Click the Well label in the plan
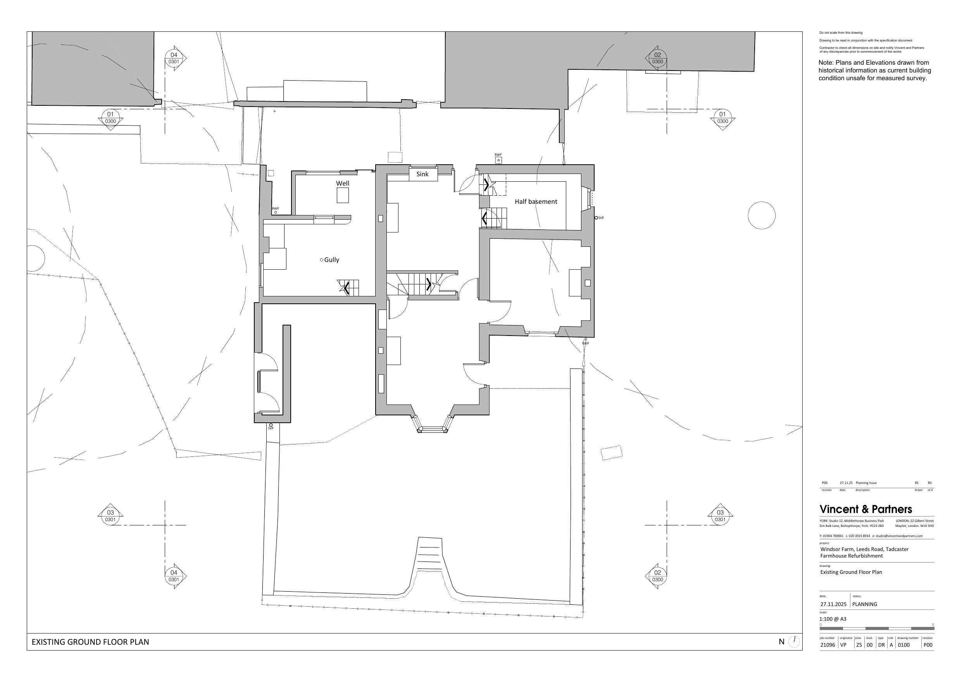pyautogui.click(x=342, y=183)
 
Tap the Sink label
pyautogui.click(x=422, y=174)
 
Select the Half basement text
pyautogui.click(x=536, y=201)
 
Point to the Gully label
pyautogui.click(x=331, y=260)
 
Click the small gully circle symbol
pyautogui.click(x=322, y=260)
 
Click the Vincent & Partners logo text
pyautogui.click(x=865, y=509)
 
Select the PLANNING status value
pyautogui.click(x=864, y=604)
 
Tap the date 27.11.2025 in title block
pyautogui.click(x=833, y=604)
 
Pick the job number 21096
pyautogui.click(x=828, y=645)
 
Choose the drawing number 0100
pyautogui.click(x=904, y=645)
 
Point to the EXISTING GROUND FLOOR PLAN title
pyautogui.click(x=90, y=642)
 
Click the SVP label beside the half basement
pyautogui.click(x=601, y=218)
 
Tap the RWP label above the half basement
pyautogui.click(x=498, y=155)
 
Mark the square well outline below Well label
pyautogui.click(x=343, y=195)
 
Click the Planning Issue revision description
pyautogui.click(x=866, y=483)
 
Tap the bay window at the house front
pyautogui.click(x=432, y=423)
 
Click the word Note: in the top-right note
pyautogui.click(x=826, y=63)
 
